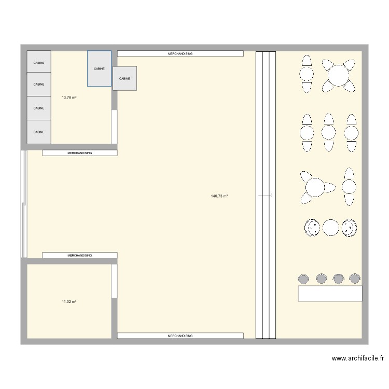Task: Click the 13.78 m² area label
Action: coord(69,98)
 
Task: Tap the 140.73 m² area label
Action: coord(219,196)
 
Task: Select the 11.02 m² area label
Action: coord(69,301)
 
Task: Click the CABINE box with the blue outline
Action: coord(99,68)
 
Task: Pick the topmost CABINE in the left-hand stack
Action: coord(39,62)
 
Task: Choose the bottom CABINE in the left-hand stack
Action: coord(39,132)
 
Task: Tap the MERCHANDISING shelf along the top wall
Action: coord(180,53)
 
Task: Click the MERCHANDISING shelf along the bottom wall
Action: coord(180,336)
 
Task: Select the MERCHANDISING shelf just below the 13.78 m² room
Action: coord(79,153)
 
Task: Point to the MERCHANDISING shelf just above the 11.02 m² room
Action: coord(79,255)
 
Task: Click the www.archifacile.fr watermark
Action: coord(359,358)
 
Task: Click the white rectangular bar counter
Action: coord(330,294)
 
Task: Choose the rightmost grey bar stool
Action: coord(355,279)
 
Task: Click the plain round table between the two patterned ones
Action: coord(330,227)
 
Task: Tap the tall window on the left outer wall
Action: coord(23,204)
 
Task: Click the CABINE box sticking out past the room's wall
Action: coord(124,78)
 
